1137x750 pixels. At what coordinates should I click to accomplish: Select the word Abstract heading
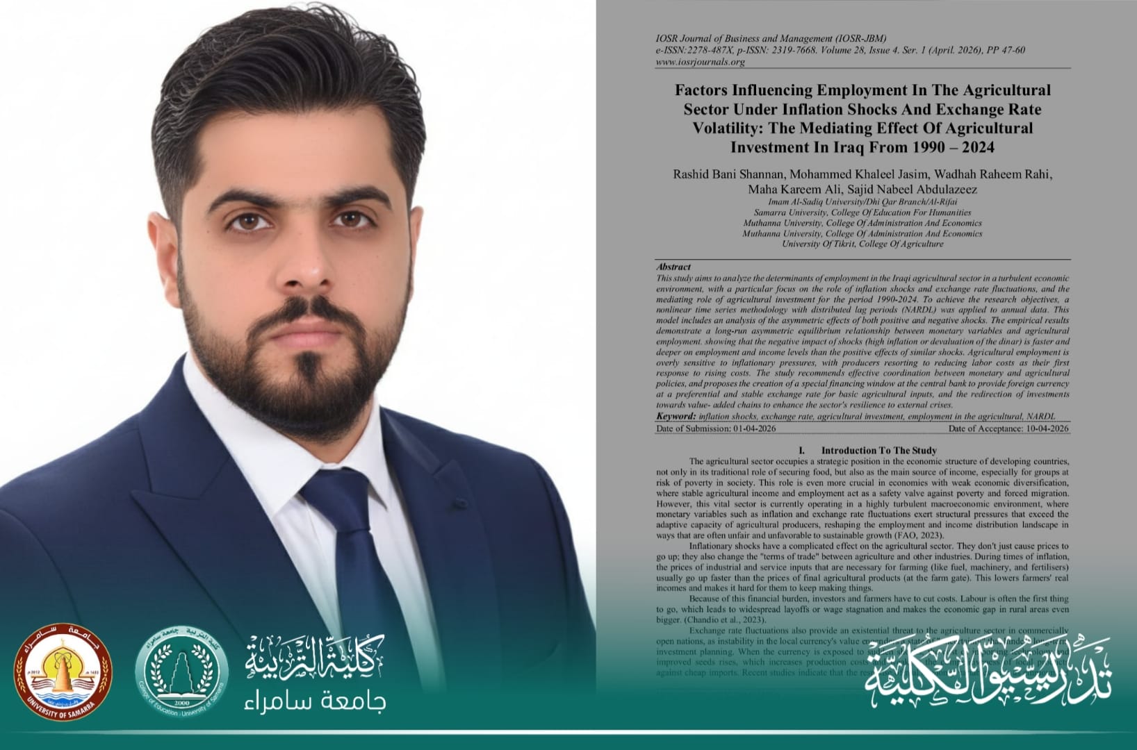(673, 267)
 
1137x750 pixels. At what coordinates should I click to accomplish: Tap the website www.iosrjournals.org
(700, 62)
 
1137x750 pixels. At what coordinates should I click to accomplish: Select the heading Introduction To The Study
(878, 450)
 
